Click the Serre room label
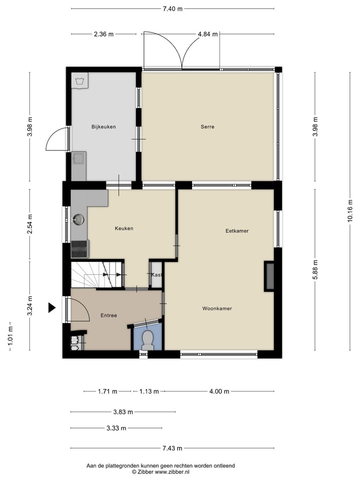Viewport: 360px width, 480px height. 207,127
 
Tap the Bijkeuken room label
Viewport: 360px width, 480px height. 103,127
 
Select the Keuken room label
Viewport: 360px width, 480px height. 124,228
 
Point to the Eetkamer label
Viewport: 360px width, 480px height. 237,231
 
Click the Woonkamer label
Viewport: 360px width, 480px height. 217,308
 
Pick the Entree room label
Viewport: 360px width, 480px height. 108,315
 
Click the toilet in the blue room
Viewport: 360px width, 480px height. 147,339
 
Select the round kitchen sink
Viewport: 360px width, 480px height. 78,219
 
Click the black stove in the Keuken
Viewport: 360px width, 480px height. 80,248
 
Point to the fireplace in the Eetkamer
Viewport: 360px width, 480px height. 269,276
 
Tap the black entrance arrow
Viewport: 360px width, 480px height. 51,307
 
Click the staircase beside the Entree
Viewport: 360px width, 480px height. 95,274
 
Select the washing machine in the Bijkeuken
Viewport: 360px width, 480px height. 79,80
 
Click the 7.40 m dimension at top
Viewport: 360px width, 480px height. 172,8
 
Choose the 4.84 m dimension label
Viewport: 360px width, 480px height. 207,34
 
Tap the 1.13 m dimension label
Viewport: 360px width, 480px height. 148,391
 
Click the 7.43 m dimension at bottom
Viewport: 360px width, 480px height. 172,448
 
